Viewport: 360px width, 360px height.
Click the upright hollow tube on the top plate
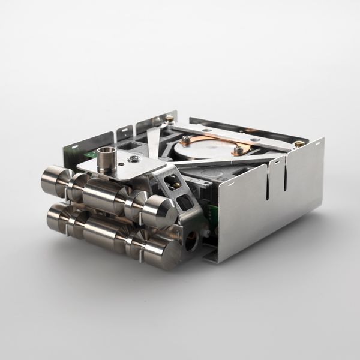[106, 158]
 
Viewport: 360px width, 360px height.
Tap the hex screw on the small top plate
[134, 159]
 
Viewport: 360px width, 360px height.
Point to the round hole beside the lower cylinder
[191, 241]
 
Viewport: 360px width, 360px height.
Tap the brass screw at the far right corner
[298, 144]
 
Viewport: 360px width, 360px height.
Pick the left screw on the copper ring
[187, 139]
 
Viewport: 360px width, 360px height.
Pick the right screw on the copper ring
[238, 150]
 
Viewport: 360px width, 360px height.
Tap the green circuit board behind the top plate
[90, 155]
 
